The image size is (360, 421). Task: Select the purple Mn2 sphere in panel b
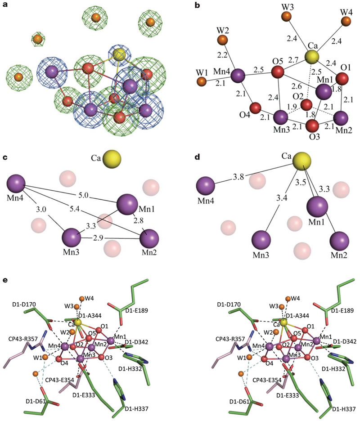pos(341,118)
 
